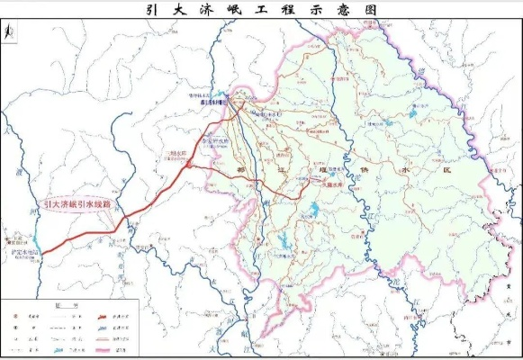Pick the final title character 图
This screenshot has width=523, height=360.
point(371,10)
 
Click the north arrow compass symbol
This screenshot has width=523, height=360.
point(9,32)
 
